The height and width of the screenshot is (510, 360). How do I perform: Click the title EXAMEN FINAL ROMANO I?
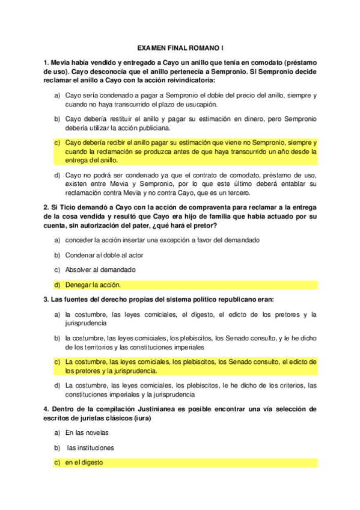point(180,46)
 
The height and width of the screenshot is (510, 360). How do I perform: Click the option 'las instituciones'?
point(91,448)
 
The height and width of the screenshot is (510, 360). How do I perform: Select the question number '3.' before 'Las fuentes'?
point(46,300)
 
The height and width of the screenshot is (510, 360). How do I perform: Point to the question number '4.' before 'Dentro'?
point(46,410)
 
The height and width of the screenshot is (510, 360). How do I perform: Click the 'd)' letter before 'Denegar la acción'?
point(58,284)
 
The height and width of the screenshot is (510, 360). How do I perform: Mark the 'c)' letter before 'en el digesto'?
point(58,463)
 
